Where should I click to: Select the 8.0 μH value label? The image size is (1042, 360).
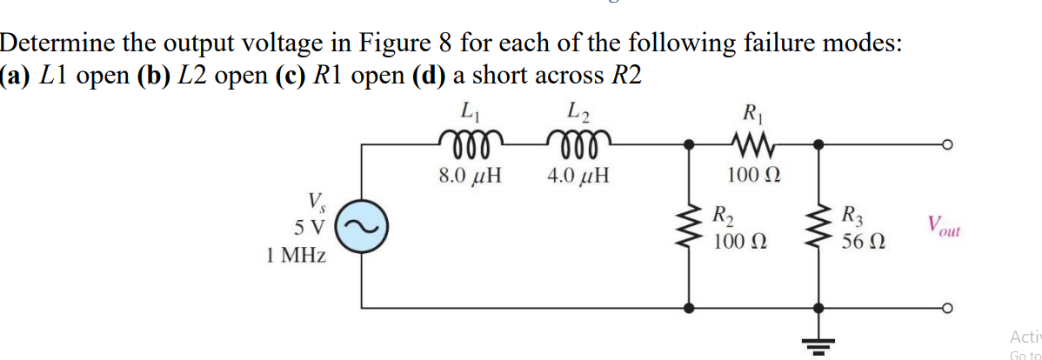(470, 177)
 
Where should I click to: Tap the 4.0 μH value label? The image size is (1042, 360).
(578, 177)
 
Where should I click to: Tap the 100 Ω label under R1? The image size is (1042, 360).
(750, 177)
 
